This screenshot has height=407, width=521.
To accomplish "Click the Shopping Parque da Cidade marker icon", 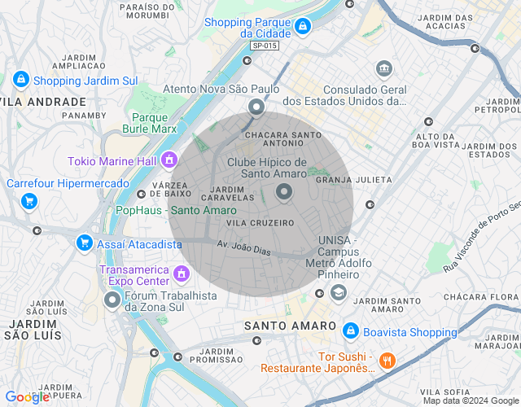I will tap(302, 27).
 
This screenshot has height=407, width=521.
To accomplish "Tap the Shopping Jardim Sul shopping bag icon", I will tap(20, 80).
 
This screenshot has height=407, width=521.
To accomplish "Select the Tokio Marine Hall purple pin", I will tap(169, 160).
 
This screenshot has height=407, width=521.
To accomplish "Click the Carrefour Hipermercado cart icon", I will tap(29, 200).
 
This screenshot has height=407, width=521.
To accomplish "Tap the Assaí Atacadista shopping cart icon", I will tap(84, 243).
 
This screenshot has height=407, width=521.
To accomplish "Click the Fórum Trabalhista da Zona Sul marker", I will tap(112, 300).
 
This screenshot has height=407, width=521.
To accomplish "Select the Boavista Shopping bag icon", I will tap(350, 331).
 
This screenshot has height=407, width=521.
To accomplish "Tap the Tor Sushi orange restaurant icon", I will tap(387, 361).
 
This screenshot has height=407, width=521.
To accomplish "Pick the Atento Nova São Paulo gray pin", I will tap(256, 107).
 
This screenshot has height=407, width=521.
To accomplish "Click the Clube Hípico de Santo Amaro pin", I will tap(284, 192).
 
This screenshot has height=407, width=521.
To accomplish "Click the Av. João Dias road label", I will tap(243, 247).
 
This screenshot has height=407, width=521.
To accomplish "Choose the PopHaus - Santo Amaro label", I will tap(177, 210).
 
